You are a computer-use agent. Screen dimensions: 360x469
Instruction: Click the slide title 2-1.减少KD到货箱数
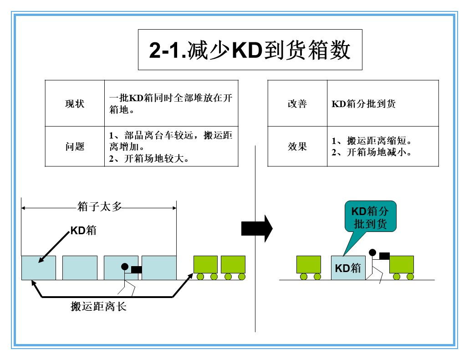tap(250, 50)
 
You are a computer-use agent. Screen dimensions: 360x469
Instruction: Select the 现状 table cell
tap(75, 103)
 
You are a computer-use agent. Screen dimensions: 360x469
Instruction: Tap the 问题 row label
tap(75, 146)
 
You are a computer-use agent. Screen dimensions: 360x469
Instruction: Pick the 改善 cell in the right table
tap(297, 103)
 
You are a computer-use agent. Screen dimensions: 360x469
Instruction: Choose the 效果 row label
tap(297, 146)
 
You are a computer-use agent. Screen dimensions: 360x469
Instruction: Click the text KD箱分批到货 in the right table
tap(363, 104)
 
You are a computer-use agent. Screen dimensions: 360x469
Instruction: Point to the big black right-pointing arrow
tap(256, 228)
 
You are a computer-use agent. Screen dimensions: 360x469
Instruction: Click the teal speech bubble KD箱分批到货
tap(370, 217)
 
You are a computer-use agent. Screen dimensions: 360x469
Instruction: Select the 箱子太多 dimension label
tap(100, 207)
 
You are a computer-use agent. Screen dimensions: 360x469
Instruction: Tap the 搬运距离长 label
tap(98, 306)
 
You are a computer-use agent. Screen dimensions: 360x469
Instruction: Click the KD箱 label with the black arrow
tap(83, 230)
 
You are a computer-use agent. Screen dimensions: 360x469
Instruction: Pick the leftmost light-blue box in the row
tap(39, 267)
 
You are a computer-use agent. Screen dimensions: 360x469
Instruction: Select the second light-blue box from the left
tap(80, 267)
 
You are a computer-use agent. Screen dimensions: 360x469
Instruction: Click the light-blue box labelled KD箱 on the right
tap(348, 267)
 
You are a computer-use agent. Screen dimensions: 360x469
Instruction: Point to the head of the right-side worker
tap(372, 252)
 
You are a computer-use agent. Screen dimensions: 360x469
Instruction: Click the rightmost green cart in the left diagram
tap(233, 265)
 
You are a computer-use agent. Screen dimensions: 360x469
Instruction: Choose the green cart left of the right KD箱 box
tap(309, 265)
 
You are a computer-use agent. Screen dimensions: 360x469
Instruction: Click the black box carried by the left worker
tap(136, 270)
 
